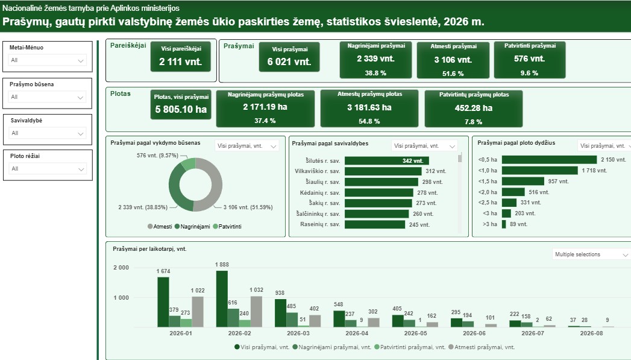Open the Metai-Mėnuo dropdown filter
(47, 60)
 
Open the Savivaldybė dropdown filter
(47, 133)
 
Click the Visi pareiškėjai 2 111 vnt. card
(181, 57)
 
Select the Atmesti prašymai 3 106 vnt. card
(453, 60)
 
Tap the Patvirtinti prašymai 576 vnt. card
(530, 60)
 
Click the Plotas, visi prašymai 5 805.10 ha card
(181, 105)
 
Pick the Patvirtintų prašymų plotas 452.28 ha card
(474, 109)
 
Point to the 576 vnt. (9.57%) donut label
(157, 156)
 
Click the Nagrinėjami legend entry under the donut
(192, 227)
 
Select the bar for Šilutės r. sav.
(387, 160)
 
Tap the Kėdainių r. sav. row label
(320, 193)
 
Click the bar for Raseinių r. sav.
(375, 224)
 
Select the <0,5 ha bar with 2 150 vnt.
(549, 160)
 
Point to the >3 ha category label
(490, 224)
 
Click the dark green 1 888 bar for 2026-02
(222, 298)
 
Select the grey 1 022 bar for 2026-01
(198, 312)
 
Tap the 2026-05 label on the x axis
(415, 333)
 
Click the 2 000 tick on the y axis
(121, 268)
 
